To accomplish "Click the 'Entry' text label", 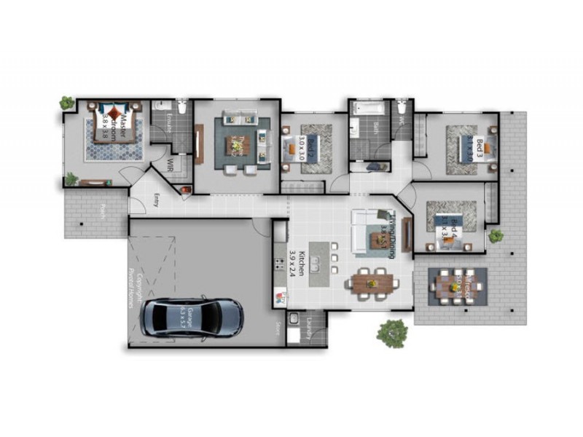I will point(157,200).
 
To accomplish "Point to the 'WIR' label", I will point(169,165).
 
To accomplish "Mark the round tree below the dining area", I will point(392,333).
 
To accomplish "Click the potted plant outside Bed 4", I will point(496,235).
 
